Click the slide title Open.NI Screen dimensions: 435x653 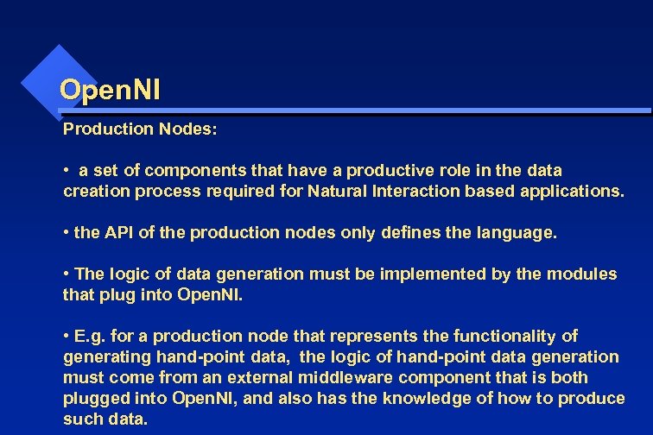point(110,89)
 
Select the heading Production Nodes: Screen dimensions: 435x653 point(140,129)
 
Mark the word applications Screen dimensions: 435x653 point(571,192)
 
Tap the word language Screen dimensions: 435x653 point(515,233)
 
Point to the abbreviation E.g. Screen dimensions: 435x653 point(90,336)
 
